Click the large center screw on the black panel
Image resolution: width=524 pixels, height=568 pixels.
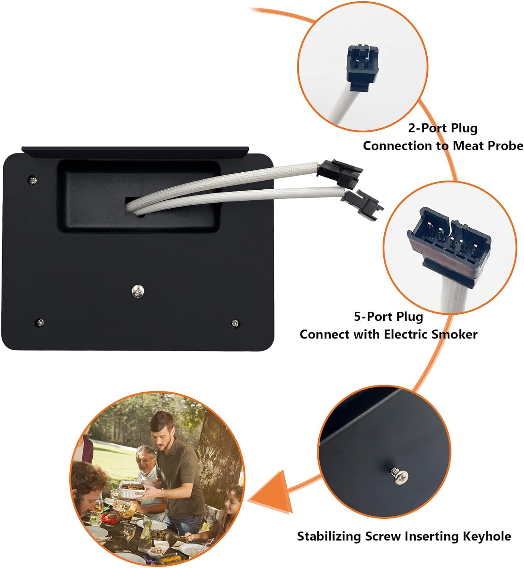click(x=138, y=291)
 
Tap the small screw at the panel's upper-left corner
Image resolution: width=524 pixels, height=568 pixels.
click(x=33, y=180)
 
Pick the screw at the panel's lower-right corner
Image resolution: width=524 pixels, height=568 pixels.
click(x=235, y=323)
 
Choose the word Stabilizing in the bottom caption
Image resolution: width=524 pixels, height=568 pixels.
click(x=329, y=536)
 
